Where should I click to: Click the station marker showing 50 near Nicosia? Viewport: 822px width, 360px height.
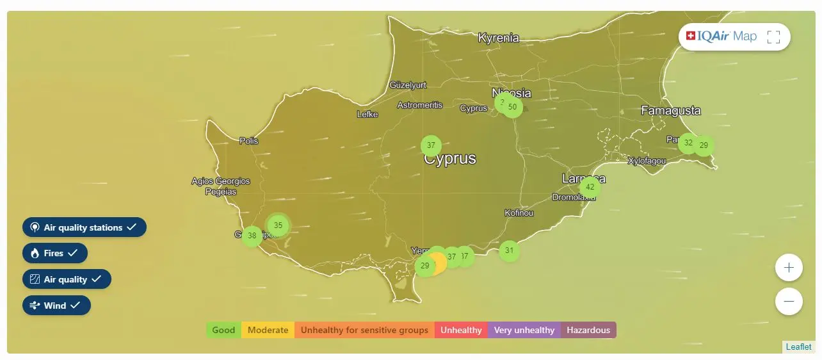point(513,107)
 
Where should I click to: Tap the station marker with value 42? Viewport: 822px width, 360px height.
point(590,188)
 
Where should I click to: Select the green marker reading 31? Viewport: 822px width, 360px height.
point(509,250)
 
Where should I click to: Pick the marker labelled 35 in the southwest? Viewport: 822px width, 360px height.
point(278,225)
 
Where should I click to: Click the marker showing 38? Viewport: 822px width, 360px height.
point(252,236)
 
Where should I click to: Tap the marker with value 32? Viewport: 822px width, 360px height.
point(688,143)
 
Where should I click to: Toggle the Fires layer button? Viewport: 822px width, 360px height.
point(55,253)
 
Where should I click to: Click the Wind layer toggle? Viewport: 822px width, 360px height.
point(57,306)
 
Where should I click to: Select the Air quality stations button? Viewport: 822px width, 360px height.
point(85,227)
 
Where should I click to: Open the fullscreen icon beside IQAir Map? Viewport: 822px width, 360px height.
point(773,37)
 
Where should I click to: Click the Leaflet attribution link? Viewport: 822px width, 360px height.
point(798,347)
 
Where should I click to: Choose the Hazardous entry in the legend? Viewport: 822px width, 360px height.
point(588,330)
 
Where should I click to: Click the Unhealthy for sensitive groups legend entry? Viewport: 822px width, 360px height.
point(364,330)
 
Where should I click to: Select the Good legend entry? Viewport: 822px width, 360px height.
point(223,330)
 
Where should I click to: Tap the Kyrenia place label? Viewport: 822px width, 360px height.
point(498,38)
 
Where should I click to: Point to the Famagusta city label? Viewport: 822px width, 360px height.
point(671,111)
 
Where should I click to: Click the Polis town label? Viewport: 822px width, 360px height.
point(248,140)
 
